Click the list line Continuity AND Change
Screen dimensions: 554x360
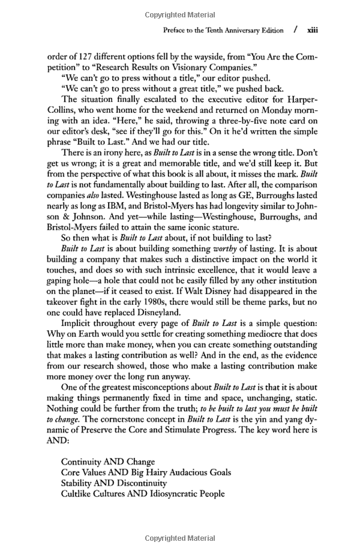point(108,462)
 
